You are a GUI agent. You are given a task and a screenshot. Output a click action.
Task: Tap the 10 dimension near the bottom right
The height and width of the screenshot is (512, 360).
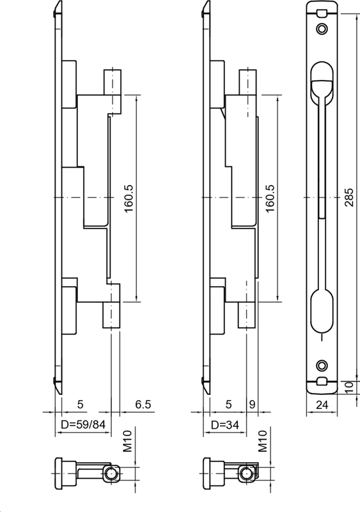(x=347, y=386)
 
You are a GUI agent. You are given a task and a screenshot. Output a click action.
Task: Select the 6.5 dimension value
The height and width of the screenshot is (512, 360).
(x=144, y=404)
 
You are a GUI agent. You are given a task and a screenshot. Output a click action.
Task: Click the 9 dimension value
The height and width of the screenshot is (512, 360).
(x=252, y=404)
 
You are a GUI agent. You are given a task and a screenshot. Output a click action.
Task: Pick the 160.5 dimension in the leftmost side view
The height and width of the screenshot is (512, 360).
(x=127, y=199)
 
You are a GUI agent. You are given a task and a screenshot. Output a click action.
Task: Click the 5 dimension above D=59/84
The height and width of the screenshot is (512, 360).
(x=80, y=404)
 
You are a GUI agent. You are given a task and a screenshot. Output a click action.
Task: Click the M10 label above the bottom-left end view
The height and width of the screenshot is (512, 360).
(x=127, y=441)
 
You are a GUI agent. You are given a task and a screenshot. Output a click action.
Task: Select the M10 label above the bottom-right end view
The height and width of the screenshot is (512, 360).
(x=263, y=441)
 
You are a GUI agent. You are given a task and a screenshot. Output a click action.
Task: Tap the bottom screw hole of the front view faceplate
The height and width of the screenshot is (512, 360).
(x=320, y=365)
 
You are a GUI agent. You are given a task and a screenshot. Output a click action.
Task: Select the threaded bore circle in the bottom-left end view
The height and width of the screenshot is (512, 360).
(x=112, y=474)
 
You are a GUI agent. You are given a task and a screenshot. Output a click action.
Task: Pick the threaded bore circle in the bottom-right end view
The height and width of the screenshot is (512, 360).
(x=246, y=474)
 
